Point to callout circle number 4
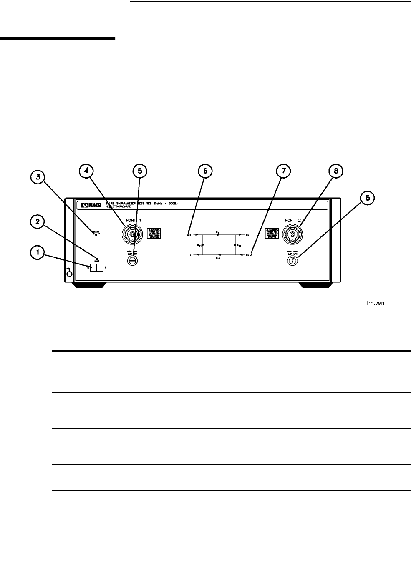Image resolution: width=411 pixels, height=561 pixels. point(87,171)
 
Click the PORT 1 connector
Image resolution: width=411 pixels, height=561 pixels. point(132,235)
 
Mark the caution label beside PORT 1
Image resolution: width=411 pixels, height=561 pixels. point(154,234)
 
